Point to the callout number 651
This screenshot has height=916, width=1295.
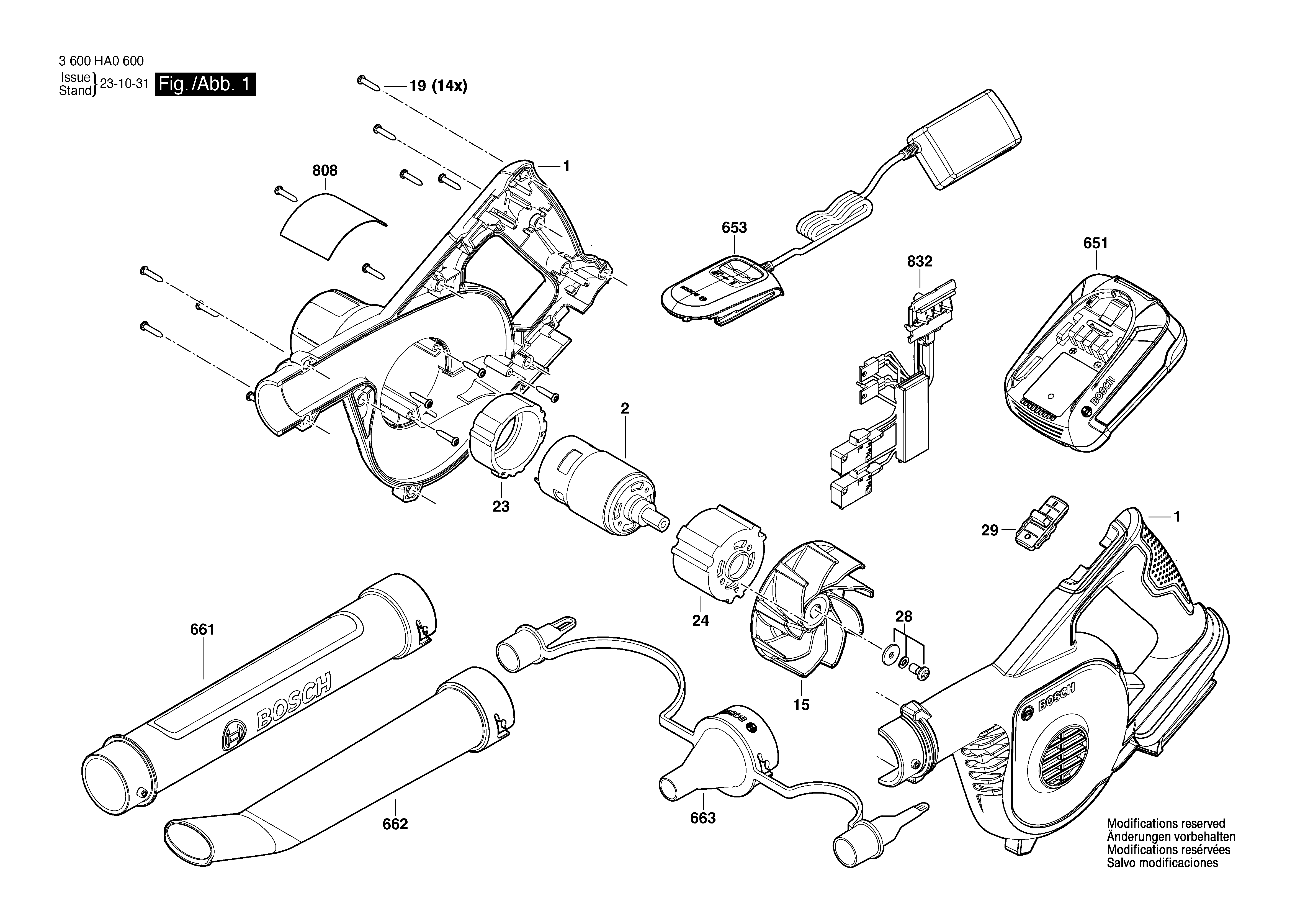pyautogui.click(x=1096, y=243)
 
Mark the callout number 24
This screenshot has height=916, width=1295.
pyautogui.click(x=701, y=620)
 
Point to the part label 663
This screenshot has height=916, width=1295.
pyautogui.click(x=703, y=818)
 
